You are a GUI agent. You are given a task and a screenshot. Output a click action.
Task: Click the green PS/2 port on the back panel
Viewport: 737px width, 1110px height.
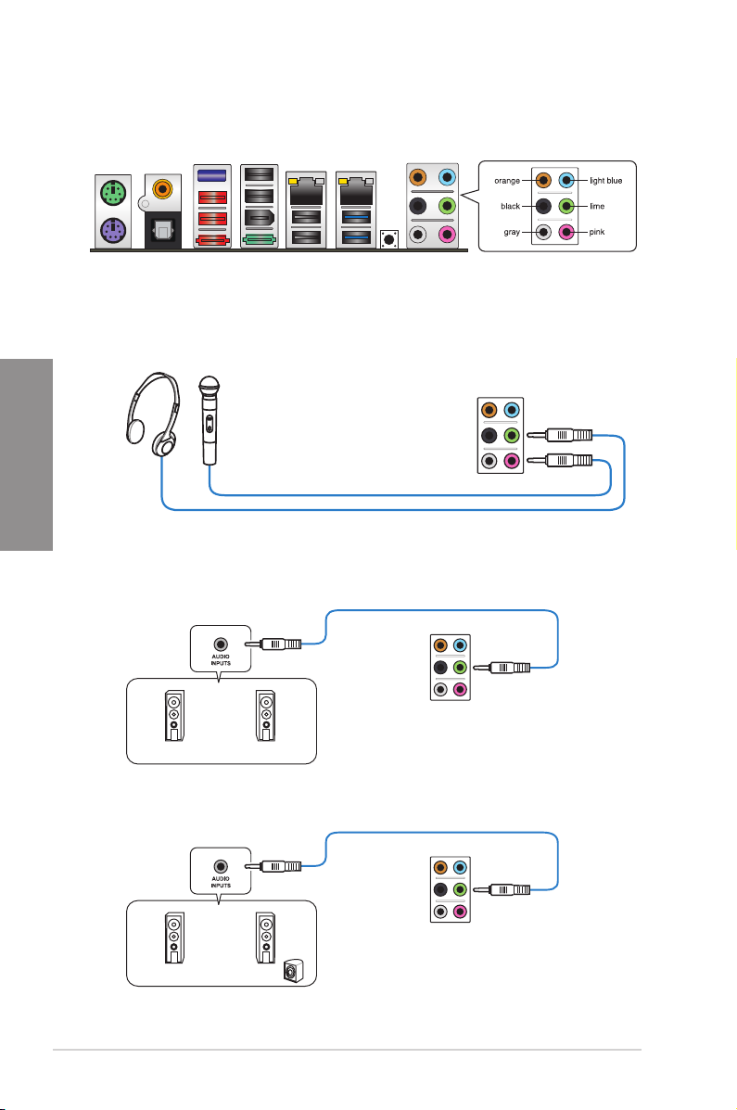click(x=113, y=193)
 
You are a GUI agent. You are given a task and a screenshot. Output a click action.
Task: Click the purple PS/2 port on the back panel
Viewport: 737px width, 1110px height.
click(x=113, y=230)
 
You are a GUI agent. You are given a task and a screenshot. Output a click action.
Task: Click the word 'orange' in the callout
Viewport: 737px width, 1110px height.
click(x=508, y=181)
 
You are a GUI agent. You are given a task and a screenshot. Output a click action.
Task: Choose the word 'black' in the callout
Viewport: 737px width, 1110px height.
click(x=509, y=206)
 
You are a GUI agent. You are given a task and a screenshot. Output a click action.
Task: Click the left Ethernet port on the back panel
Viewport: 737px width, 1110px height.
click(x=306, y=193)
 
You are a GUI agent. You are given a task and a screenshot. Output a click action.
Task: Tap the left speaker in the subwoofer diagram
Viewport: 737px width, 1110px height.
click(x=175, y=945)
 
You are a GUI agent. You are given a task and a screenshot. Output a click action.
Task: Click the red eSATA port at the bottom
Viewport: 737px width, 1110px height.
click(x=211, y=241)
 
